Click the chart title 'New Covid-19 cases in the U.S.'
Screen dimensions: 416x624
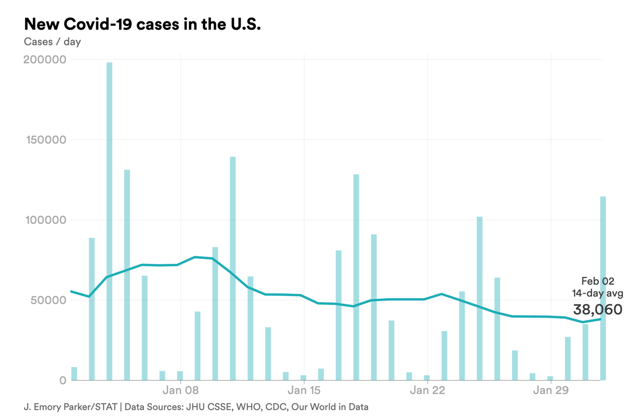(142, 24)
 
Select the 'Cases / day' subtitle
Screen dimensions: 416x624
(52, 42)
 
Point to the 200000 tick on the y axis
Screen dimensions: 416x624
(45, 60)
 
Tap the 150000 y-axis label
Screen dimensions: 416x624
(45, 140)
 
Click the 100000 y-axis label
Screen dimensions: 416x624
(45, 220)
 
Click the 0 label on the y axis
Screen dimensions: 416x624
(62, 381)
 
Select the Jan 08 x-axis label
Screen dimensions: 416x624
(180, 391)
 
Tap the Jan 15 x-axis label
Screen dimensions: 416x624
(304, 391)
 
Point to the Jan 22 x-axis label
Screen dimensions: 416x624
(428, 391)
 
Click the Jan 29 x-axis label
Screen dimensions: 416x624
(551, 391)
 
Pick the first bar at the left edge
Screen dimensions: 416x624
(74, 374)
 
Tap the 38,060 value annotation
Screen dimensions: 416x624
(598, 310)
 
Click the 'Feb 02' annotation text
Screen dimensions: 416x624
(598, 281)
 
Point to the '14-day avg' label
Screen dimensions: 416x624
(597, 294)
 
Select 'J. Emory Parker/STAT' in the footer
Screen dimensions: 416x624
(70, 407)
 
